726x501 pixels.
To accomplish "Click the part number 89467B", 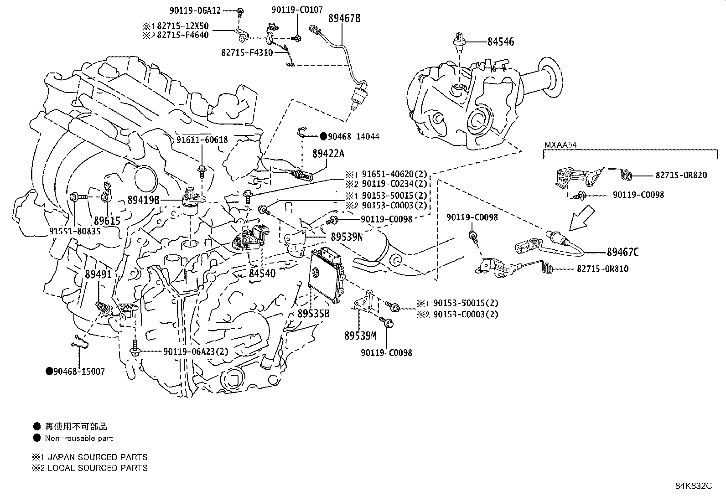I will (x=344, y=18).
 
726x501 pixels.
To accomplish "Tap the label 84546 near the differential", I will (x=500, y=42).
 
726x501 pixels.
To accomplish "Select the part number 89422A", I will (x=328, y=154).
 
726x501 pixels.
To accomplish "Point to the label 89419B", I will (x=143, y=199).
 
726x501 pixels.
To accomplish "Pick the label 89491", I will (x=98, y=274).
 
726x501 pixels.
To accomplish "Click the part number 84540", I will (x=262, y=273).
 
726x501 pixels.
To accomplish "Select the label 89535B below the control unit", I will (x=313, y=314).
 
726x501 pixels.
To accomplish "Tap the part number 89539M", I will (x=360, y=336).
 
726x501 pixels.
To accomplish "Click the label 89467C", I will (x=622, y=252).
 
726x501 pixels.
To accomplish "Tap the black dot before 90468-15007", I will (x=49, y=371).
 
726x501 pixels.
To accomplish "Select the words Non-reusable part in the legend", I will (x=78, y=438).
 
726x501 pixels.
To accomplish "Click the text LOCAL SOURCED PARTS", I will (x=98, y=468).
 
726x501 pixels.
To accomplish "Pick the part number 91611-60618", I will (x=202, y=140).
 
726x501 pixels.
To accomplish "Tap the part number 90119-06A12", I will (x=197, y=10).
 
